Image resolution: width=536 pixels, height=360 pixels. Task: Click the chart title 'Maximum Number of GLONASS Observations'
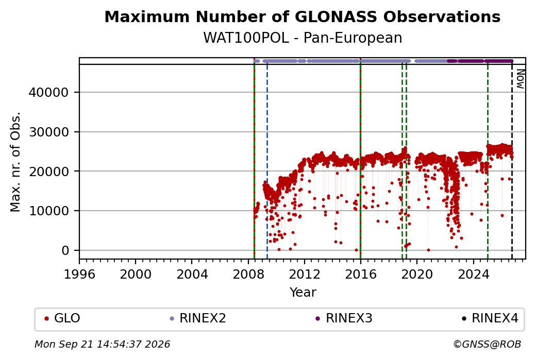[x=303, y=16]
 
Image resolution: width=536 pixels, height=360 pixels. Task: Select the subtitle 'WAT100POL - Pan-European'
[x=303, y=38]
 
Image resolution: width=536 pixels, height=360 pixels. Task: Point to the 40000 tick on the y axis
[x=49, y=92]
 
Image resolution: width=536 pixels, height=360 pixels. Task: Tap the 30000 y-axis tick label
[x=49, y=132]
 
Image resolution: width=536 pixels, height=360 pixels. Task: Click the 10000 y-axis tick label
[x=49, y=211]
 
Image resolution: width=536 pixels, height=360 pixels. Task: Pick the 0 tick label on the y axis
[x=65, y=250]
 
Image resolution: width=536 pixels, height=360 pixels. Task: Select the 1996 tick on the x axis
[x=80, y=274]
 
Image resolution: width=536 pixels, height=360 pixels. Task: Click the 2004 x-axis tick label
[x=192, y=274]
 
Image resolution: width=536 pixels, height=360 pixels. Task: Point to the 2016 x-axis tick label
[x=361, y=274]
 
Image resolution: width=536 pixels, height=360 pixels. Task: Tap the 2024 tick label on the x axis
[x=473, y=274]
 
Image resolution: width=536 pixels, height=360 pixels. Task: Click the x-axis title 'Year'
[x=303, y=293]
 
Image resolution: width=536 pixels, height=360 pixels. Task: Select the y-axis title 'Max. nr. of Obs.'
[x=15, y=162]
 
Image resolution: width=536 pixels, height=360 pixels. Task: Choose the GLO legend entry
[x=62, y=318]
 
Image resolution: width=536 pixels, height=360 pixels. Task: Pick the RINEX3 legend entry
[x=344, y=318]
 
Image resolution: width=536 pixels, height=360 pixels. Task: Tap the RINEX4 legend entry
[x=490, y=318]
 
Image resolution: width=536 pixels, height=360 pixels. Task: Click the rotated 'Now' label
[x=520, y=79]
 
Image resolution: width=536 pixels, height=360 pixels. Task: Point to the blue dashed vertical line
[x=267, y=162]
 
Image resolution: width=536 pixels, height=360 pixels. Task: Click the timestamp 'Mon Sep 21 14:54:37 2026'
[x=103, y=344]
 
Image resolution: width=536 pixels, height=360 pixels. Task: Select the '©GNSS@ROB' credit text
[x=487, y=344]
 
